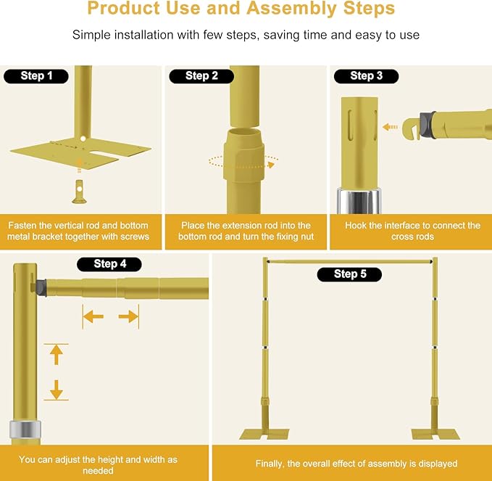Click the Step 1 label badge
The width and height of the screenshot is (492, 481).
[x=36, y=76]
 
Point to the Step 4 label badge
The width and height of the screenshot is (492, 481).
[x=109, y=264]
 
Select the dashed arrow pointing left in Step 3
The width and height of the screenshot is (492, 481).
[x=391, y=126]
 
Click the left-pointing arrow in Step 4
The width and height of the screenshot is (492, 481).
[x=92, y=316]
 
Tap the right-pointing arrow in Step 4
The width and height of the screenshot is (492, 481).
[x=128, y=316]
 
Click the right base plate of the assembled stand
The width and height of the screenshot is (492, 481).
[x=435, y=435]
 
